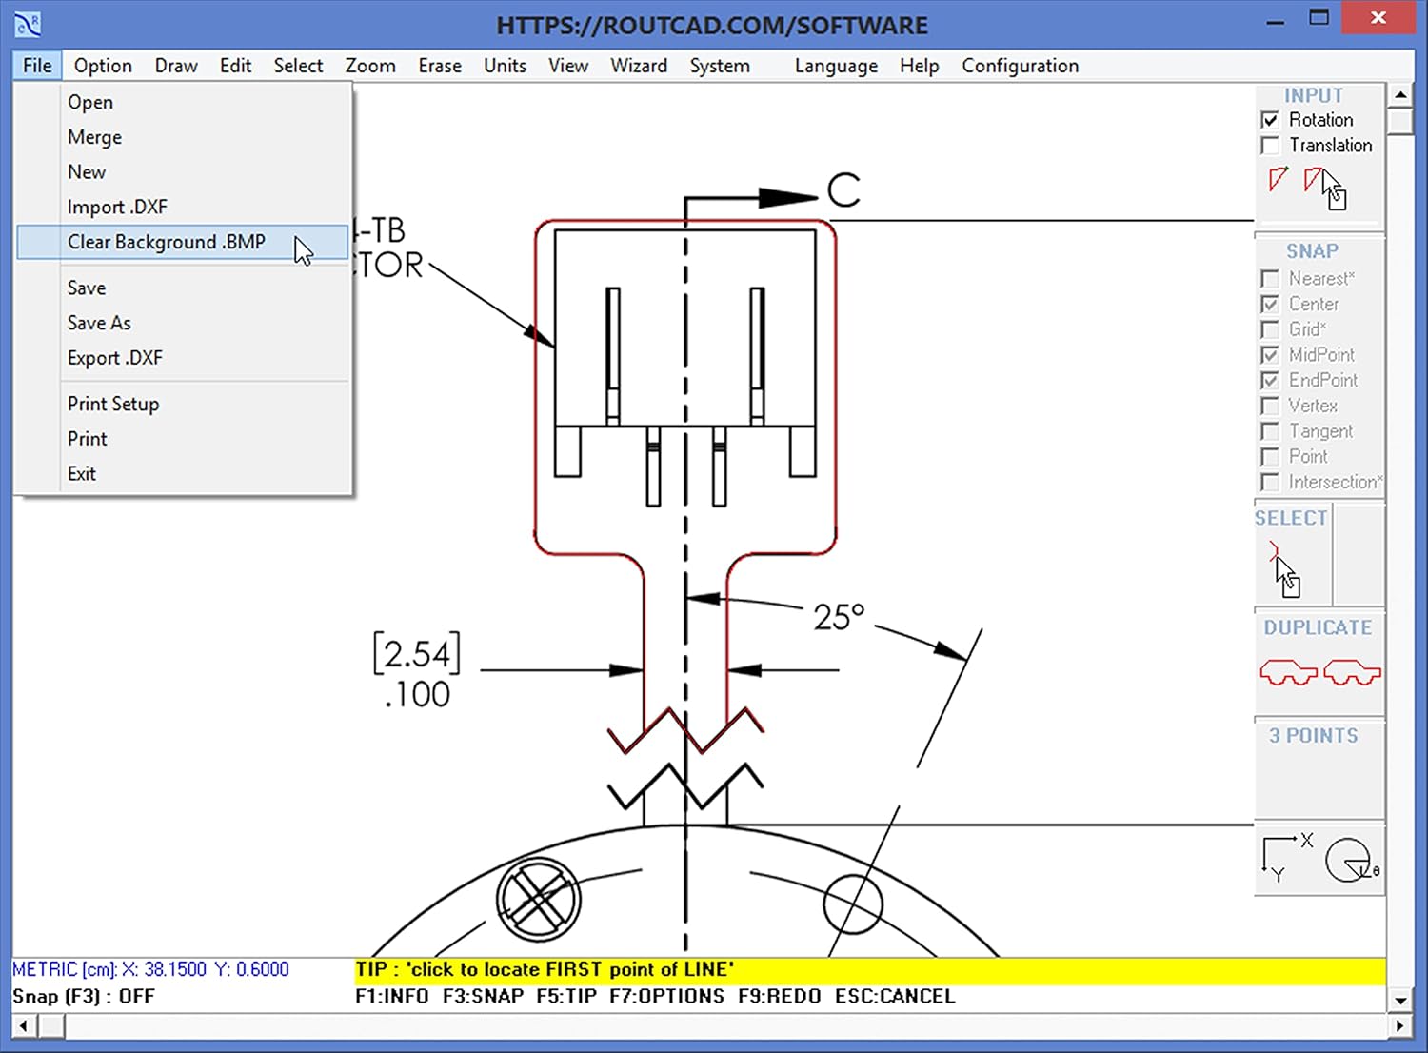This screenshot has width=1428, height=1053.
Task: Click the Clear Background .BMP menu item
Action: pos(167,242)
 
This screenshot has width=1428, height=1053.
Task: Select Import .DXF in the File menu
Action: pos(117,207)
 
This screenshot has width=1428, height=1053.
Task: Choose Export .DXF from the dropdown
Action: pos(115,358)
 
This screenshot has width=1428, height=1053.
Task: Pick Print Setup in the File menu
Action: pos(113,404)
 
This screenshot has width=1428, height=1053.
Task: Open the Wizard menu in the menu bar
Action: pos(639,66)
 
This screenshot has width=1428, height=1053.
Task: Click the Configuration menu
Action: pos(1020,66)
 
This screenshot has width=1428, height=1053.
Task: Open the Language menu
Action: pos(836,66)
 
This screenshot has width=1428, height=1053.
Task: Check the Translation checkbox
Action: pos(1270,146)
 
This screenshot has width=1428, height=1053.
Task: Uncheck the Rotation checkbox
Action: pos(1270,120)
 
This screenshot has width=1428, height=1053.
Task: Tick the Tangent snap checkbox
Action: pos(1270,431)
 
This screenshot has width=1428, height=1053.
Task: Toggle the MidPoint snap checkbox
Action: pos(1270,355)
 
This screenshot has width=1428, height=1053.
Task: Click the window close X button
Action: pos(1378,18)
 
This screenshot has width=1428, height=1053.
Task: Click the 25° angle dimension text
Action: pos(839,617)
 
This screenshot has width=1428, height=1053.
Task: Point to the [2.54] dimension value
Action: pos(417,654)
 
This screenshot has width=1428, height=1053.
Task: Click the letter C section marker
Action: pos(843,190)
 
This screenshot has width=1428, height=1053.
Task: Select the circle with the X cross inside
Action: pos(539,900)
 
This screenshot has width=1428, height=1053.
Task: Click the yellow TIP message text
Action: pos(545,969)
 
